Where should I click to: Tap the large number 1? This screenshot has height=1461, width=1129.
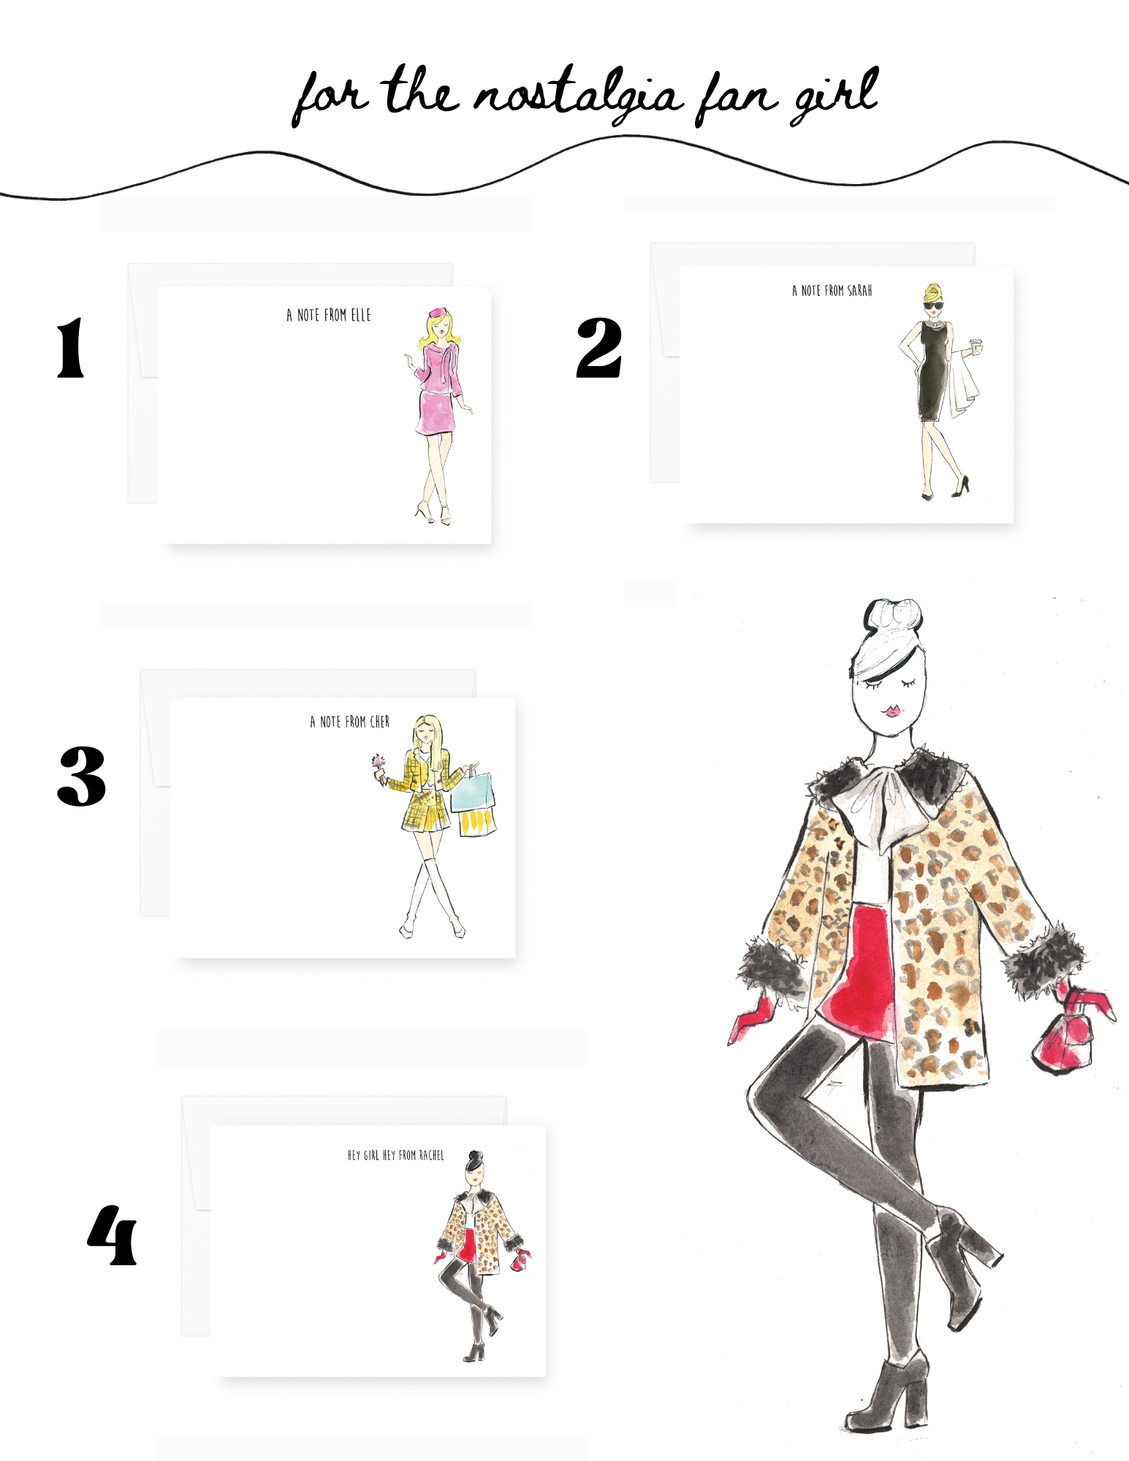71,348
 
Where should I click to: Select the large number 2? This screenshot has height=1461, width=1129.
599,348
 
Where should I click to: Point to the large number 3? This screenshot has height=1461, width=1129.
82,776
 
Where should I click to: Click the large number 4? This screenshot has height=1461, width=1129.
112,1235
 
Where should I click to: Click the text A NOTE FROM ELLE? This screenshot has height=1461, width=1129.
329,315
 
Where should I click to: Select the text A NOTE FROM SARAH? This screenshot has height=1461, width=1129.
832,291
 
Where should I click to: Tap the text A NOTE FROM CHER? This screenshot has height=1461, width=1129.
350,722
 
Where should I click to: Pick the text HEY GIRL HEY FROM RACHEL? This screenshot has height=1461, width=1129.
396,1155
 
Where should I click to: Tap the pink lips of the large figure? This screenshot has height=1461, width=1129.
892,711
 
